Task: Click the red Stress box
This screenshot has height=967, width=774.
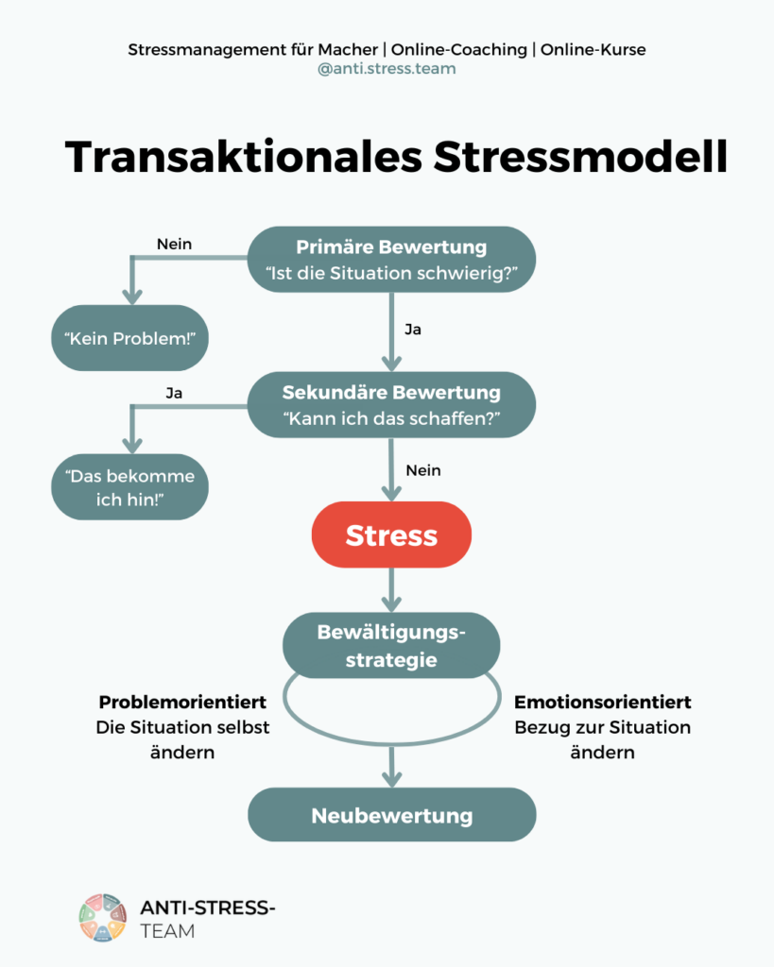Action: pyautogui.click(x=391, y=535)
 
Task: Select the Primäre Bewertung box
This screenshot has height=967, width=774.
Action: pyautogui.click(x=391, y=261)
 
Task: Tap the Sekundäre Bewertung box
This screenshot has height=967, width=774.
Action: pyautogui.click(x=391, y=405)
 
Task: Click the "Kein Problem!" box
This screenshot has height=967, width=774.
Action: pyautogui.click(x=129, y=338)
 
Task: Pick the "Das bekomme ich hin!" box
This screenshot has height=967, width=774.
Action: pyautogui.click(x=129, y=487)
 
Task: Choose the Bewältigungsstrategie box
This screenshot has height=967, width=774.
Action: pyautogui.click(x=391, y=646)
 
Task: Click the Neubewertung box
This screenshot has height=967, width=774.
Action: pyautogui.click(x=391, y=815)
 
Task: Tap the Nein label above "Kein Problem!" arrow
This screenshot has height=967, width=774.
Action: pyautogui.click(x=174, y=245)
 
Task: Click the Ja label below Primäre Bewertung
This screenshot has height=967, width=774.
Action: pyautogui.click(x=412, y=331)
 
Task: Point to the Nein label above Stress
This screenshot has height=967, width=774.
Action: pyautogui.click(x=422, y=470)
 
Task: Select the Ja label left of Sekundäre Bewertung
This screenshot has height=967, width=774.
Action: pyautogui.click(x=174, y=393)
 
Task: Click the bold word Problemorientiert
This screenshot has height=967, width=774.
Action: pyautogui.click(x=181, y=704)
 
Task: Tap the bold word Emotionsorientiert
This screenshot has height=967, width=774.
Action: pyautogui.click(x=602, y=704)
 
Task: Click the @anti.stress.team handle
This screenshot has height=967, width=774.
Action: pyautogui.click(x=387, y=69)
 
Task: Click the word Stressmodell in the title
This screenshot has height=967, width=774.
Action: pyautogui.click(x=580, y=157)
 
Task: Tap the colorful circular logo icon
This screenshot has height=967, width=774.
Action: pyautogui.click(x=102, y=917)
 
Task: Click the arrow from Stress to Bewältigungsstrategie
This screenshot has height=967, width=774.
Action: pyautogui.click(x=391, y=589)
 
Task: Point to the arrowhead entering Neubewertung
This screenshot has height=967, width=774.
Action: pyautogui.click(x=391, y=779)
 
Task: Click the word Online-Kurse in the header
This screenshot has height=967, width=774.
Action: pyautogui.click(x=593, y=49)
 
